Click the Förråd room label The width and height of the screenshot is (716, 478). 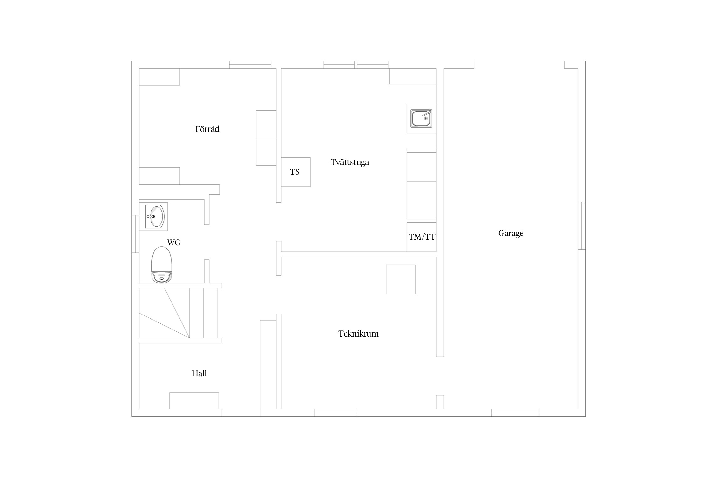pyautogui.click(x=207, y=129)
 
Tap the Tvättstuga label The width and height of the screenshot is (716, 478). pyautogui.click(x=350, y=162)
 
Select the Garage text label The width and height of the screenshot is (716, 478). pyautogui.click(x=511, y=233)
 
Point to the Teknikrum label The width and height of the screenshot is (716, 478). pyautogui.click(x=358, y=334)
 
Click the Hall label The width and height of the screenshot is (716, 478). pyautogui.click(x=199, y=373)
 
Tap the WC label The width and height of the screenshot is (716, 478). pyautogui.click(x=173, y=243)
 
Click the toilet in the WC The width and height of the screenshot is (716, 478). pyautogui.click(x=162, y=264)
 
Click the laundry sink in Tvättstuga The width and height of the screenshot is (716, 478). pyautogui.click(x=421, y=118)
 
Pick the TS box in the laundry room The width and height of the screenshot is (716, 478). pyautogui.click(x=296, y=172)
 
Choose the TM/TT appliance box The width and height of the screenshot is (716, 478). pyautogui.click(x=421, y=237)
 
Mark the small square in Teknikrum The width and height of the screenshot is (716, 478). pyautogui.click(x=401, y=279)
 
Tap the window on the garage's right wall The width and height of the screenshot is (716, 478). pyautogui.click(x=582, y=226)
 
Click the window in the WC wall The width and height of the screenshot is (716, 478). pyautogui.click(x=136, y=234)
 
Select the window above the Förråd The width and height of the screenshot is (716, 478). pyautogui.click(x=250, y=65)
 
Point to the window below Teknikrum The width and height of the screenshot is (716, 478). pyautogui.click(x=335, y=413)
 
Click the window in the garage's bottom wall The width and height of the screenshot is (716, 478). pyautogui.click(x=515, y=413)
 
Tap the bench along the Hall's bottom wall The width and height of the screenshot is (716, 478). pyautogui.click(x=194, y=401)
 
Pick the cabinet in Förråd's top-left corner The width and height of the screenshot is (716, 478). pyautogui.click(x=159, y=77)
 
